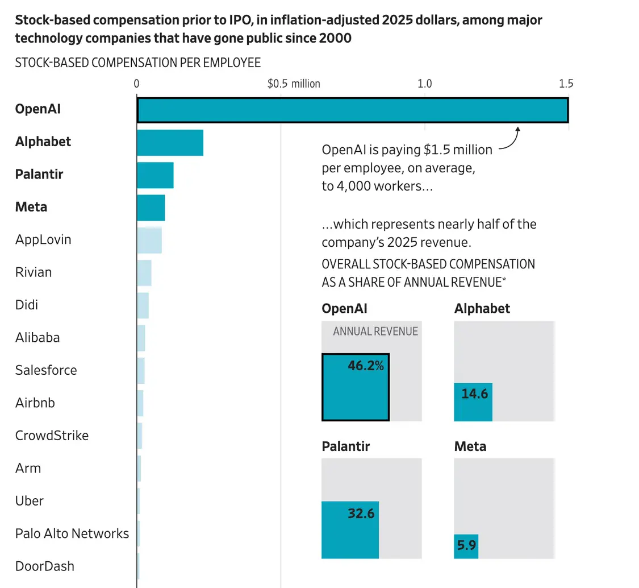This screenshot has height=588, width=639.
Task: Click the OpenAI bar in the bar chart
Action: tap(352, 110)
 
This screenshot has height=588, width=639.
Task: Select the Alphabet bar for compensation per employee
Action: tap(170, 143)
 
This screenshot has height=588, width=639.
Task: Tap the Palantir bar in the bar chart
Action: tap(155, 175)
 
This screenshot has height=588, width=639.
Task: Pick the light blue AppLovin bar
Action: tap(149, 240)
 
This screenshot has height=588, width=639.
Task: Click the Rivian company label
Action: tap(34, 272)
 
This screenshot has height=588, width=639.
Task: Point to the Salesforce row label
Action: tap(46, 370)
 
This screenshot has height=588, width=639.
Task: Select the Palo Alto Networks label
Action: tap(72, 533)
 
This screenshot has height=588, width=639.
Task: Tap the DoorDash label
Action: tap(45, 566)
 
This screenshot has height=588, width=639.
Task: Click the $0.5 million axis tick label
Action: tap(294, 84)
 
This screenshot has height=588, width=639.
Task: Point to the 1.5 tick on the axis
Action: tap(566, 84)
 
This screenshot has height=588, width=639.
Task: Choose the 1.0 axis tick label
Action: tap(425, 84)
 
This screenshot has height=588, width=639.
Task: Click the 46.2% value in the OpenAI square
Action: tap(366, 366)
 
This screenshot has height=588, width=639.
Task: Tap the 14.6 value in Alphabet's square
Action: tap(475, 394)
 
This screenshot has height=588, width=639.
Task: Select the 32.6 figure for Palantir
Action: tap(361, 514)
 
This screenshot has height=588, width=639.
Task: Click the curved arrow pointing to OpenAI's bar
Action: tap(509, 140)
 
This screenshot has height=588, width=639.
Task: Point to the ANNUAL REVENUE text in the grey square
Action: tap(375, 332)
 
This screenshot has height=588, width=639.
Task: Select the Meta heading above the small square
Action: tap(470, 446)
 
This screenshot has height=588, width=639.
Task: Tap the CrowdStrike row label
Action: tap(52, 436)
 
